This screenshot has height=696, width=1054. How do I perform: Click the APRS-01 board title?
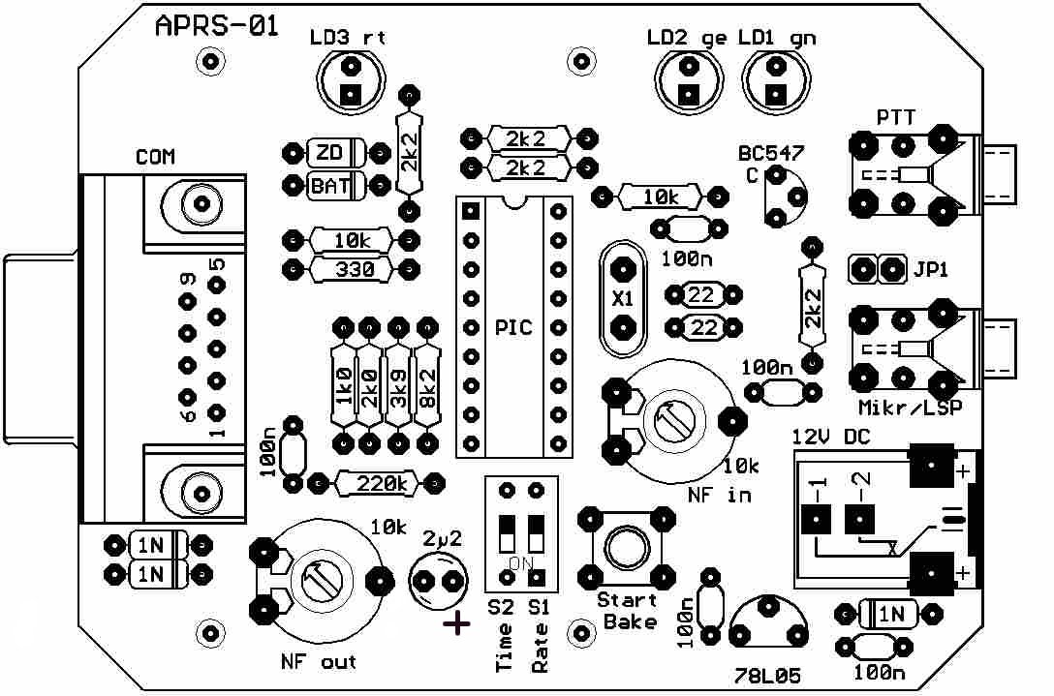pyautogui.click(x=217, y=27)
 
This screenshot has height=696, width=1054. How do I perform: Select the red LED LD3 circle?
pyautogui.click(x=350, y=79)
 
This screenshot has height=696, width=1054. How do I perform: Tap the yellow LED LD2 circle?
pyautogui.click(x=689, y=79)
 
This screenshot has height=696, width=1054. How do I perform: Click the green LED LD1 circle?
pyautogui.click(x=775, y=79)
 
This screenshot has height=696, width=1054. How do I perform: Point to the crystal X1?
pyautogui.click(x=621, y=299)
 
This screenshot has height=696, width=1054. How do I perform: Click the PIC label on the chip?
pyautogui.click(x=513, y=327)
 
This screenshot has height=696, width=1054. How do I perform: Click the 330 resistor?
pyautogui.click(x=349, y=269)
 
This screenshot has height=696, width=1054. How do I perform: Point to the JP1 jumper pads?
pyautogui.click(x=876, y=268)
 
